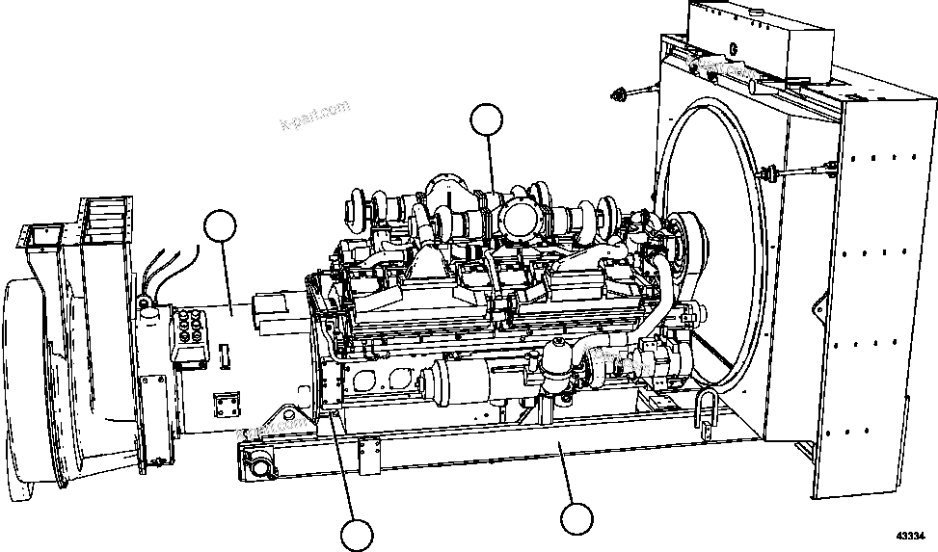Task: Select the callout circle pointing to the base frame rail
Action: [576, 519]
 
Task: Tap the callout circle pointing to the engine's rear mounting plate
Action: [357, 535]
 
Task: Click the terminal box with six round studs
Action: [189, 338]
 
